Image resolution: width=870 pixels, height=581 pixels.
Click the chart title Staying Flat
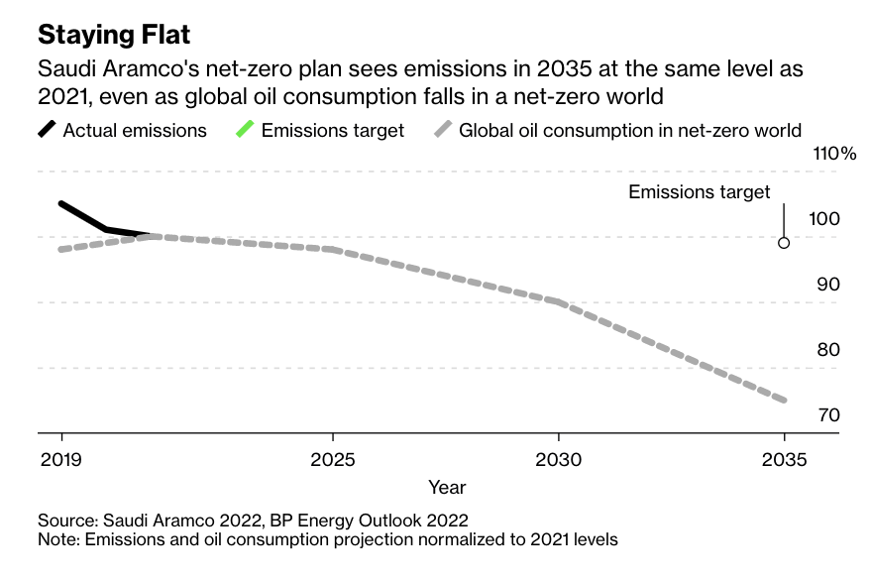pos(114,35)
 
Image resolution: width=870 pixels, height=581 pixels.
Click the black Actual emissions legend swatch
pos(47,130)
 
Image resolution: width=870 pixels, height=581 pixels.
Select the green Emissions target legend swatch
pos(245,130)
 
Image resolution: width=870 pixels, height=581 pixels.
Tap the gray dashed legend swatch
pos(443,130)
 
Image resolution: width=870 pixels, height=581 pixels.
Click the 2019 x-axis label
pos(61,461)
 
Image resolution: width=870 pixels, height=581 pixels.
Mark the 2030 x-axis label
pos(558,461)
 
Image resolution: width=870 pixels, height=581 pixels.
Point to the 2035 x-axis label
pos(784,461)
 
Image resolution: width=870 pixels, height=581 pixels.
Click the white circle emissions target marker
pos(784,243)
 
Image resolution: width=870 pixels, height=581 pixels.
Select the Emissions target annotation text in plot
pos(699,192)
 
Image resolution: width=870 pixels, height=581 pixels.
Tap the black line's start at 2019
pos(61,204)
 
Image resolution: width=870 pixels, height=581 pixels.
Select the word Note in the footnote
pos(57,540)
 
